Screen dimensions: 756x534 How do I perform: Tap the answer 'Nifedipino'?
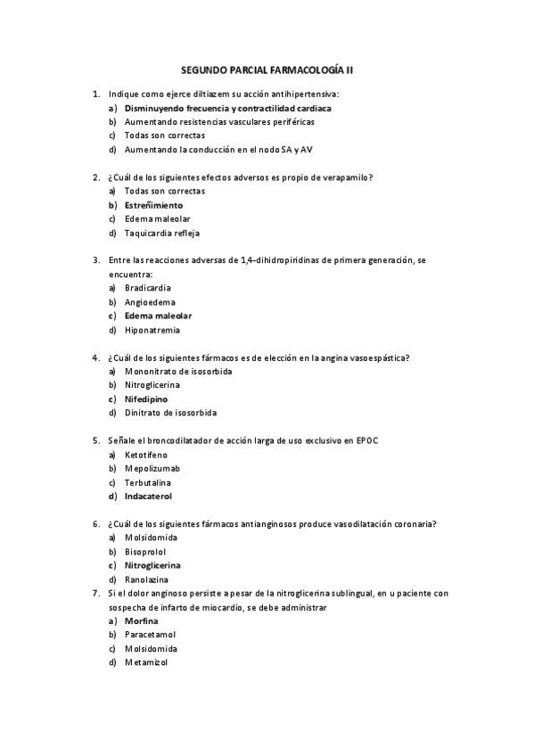[146, 399]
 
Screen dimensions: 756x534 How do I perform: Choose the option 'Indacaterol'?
[148, 497]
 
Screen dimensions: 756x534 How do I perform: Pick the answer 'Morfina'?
[142, 620]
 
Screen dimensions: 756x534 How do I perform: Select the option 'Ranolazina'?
[148, 579]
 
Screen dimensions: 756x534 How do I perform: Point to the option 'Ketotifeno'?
[146, 455]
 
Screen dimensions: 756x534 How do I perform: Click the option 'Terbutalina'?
[148, 482]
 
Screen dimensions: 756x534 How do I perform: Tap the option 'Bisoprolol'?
[145, 552]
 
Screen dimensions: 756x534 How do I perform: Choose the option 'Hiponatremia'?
[152, 330]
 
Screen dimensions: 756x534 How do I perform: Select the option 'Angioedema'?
[148, 302]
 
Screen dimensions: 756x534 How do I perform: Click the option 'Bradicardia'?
[148, 288]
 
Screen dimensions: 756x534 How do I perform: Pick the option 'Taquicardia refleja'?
[162, 233]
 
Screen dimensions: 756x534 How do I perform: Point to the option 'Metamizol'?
[145, 662]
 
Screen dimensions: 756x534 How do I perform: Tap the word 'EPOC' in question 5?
[369, 440]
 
